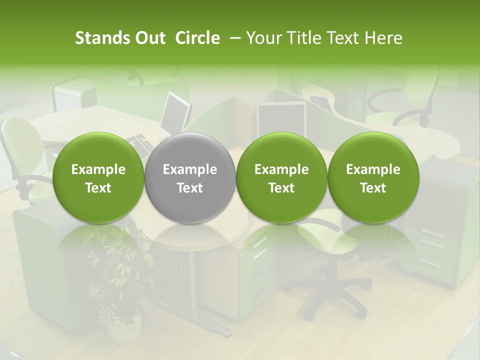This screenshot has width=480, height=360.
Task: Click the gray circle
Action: tap(190, 177)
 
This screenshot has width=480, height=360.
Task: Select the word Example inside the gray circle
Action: tap(190, 169)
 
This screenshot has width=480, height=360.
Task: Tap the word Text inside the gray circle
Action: tap(190, 188)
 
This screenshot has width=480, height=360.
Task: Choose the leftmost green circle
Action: tap(98, 177)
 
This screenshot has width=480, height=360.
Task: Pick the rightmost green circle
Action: tap(373, 177)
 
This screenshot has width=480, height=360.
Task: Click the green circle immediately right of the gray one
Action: tap(281, 177)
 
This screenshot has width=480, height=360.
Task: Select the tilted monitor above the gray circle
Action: tap(176, 112)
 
